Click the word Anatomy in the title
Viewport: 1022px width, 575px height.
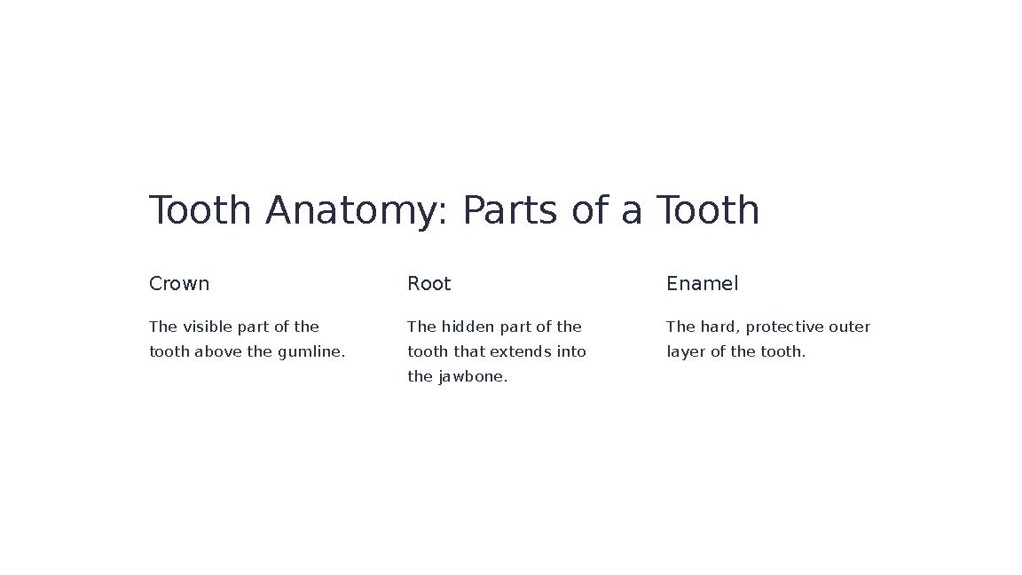[x=351, y=211]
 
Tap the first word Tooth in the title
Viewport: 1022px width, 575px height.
[x=200, y=211]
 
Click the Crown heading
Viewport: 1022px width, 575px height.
[x=179, y=284]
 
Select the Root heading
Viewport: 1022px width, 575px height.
[x=429, y=284]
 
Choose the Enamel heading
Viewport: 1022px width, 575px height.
[x=702, y=284]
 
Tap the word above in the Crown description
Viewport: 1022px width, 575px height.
[x=218, y=351]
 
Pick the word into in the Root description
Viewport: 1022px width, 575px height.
[x=571, y=351]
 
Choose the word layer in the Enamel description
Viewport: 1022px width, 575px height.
[x=685, y=351]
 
